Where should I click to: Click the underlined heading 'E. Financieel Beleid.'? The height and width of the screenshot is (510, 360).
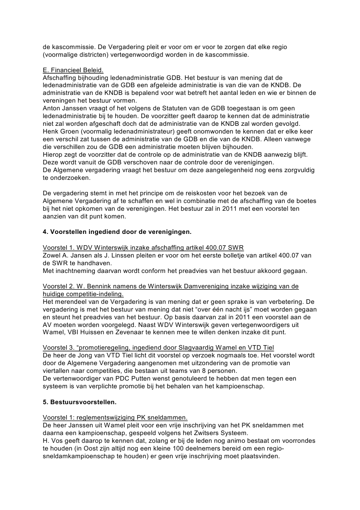pos(73,70)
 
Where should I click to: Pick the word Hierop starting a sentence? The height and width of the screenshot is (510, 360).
pos(53,154)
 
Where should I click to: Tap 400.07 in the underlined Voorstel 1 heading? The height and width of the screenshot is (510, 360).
pos(209,248)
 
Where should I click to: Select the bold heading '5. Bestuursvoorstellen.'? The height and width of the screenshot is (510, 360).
pos(79,402)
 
